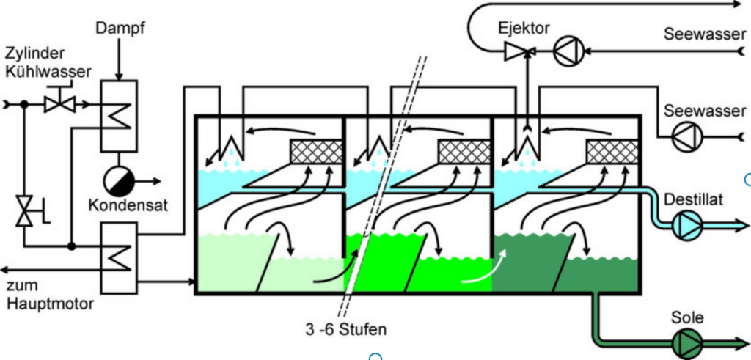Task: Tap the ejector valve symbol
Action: click(x=522, y=51)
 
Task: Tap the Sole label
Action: click(x=687, y=317)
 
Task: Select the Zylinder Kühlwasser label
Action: click(x=48, y=62)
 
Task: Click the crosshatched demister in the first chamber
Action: click(x=316, y=152)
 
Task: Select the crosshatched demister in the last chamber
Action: click(x=612, y=152)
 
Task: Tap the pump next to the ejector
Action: click(x=567, y=51)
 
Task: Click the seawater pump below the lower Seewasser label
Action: click(x=687, y=136)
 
